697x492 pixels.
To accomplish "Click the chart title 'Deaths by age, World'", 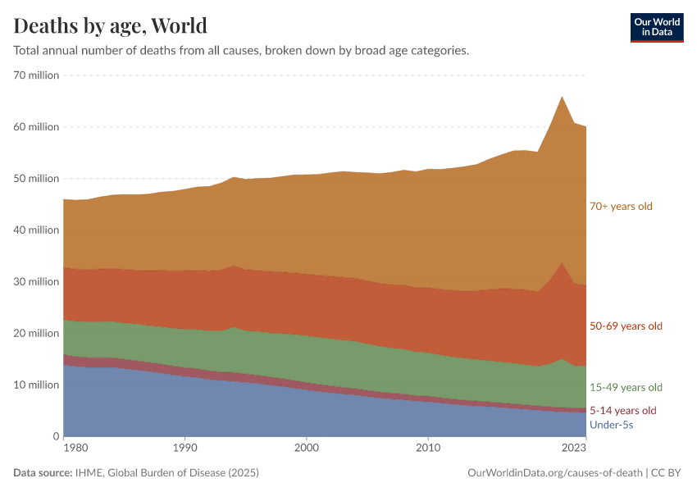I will point(111,25).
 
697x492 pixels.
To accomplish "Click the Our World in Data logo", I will point(656,27).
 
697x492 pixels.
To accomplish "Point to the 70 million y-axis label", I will point(37,75).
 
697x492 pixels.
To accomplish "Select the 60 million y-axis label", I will point(37,127).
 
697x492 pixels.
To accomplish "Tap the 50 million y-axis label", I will point(37,179).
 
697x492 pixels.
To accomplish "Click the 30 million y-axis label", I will point(37,281).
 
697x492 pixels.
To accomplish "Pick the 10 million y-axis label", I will point(37,385).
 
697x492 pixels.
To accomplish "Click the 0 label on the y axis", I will point(55,436).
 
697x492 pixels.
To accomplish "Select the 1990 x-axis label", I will point(184,449).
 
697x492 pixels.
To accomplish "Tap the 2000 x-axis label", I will point(306,449).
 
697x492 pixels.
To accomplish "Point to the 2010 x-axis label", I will point(427,449).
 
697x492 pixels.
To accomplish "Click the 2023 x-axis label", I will point(574,449).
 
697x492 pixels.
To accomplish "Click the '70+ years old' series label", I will point(621,207).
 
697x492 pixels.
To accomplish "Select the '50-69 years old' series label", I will point(626,326).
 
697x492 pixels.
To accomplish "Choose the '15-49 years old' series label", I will point(626,387).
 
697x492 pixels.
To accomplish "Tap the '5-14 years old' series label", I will point(623,410).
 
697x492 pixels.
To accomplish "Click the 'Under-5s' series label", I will point(611,425).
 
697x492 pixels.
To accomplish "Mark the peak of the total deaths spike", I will point(562,97).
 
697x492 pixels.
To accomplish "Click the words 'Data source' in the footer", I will point(42,473).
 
